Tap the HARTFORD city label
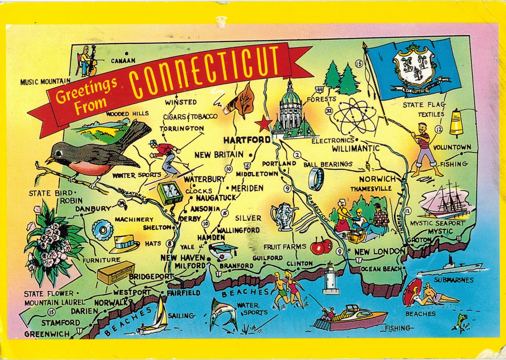click(x=247, y=140)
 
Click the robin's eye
click(x=59, y=154)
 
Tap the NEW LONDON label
click(x=379, y=252)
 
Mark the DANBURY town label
click(x=93, y=209)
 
